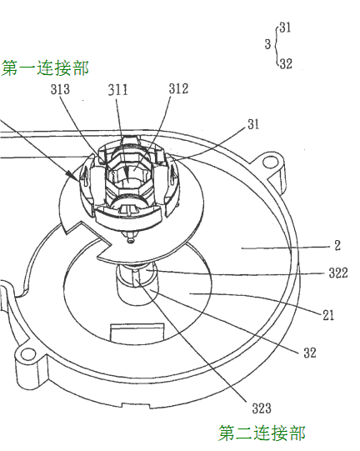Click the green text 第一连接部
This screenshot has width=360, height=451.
click(45, 68)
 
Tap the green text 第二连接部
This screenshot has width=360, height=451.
click(262, 433)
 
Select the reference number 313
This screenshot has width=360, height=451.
click(60, 89)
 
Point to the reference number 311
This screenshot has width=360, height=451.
click(117, 89)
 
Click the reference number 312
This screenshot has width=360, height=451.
click(178, 88)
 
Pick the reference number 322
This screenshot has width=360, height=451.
click(338, 273)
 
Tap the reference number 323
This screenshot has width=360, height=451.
click(262, 408)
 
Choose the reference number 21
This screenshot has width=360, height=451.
click(328, 315)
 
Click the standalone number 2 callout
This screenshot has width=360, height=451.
click(337, 245)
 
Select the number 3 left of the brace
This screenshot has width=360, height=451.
click(267, 44)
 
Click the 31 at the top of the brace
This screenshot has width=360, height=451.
click(285, 28)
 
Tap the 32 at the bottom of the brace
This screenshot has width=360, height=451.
click(286, 63)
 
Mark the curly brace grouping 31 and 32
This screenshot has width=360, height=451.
click(276, 45)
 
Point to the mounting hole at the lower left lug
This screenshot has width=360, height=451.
click(27, 353)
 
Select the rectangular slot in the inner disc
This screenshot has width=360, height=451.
click(137, 333)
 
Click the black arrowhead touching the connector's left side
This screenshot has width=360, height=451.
click(72, 176)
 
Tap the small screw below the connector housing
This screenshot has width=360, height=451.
click(131, 240)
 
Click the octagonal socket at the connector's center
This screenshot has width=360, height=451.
click(129, 175)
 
